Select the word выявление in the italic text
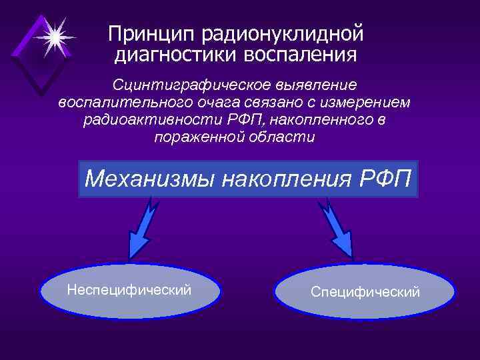click(x=313, y=87)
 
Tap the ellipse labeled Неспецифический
click(x=130, y=291)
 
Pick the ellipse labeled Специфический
click(x=364, y=292)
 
